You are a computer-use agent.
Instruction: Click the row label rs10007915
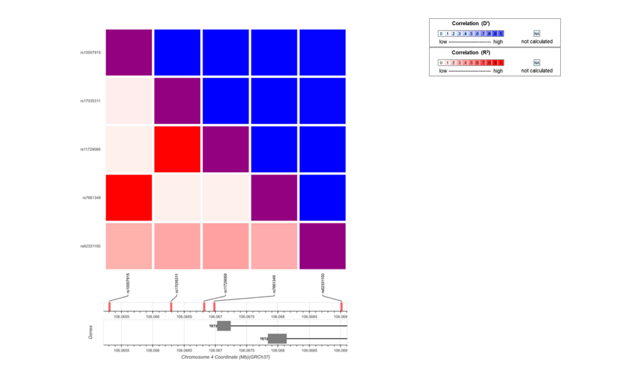tap(91, 52)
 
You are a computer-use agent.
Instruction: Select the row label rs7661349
tap(92, 198)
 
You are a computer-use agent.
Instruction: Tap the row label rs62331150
tap(91, 246)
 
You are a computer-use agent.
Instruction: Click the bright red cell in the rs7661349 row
tap(128, 198)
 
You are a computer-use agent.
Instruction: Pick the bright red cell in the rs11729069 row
tap(177, 149)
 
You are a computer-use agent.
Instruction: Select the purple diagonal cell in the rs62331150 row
tap(323, 246)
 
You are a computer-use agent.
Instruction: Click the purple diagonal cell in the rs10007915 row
tap(128, 52)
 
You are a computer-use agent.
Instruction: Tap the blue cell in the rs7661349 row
tap(323, 198)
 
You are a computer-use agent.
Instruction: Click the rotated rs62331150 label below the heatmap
tap(323, 283)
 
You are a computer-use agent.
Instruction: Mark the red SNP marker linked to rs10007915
tap(109, 306)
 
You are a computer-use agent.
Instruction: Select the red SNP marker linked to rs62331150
tap(341, 306)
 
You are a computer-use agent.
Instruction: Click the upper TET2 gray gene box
tap(224, 326)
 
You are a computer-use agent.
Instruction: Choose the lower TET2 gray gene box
tap(277, 339)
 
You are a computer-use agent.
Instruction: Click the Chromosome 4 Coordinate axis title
tap(225, 357)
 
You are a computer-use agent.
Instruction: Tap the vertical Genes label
tap(91, 333)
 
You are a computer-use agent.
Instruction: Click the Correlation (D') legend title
tap(470, 24)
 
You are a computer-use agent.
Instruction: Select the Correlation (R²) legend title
tap(470, 53)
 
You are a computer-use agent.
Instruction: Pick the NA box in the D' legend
tap(536, 33)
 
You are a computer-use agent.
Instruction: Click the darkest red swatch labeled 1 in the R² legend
tap(500, 63)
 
